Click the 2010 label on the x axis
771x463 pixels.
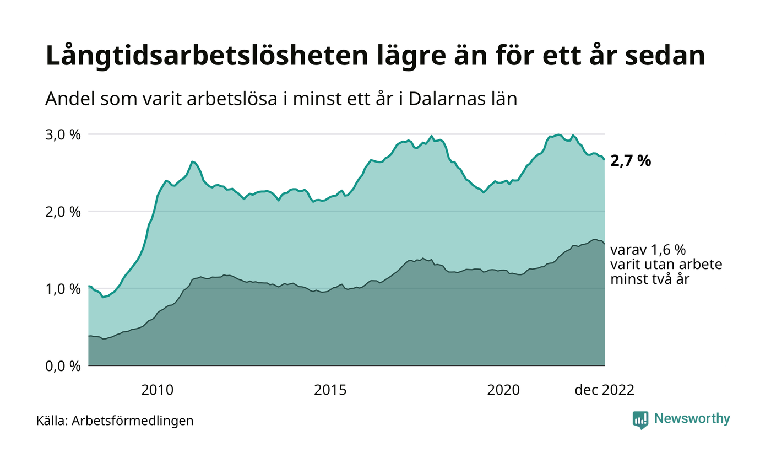click(158, 390)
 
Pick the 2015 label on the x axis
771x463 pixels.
click(330, 390)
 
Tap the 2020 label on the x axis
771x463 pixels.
click(503, 390)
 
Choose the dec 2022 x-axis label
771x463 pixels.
click(604, 390)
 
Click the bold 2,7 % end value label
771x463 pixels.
click(631, 161)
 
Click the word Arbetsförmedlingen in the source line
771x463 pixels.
click(133, 421)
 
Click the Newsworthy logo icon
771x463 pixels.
click(640, 420)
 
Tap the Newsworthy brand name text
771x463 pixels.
click(692, 419)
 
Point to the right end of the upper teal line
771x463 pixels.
click(604, 160)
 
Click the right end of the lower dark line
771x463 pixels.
click(604, 244)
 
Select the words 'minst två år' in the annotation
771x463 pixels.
click(650, 279)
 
